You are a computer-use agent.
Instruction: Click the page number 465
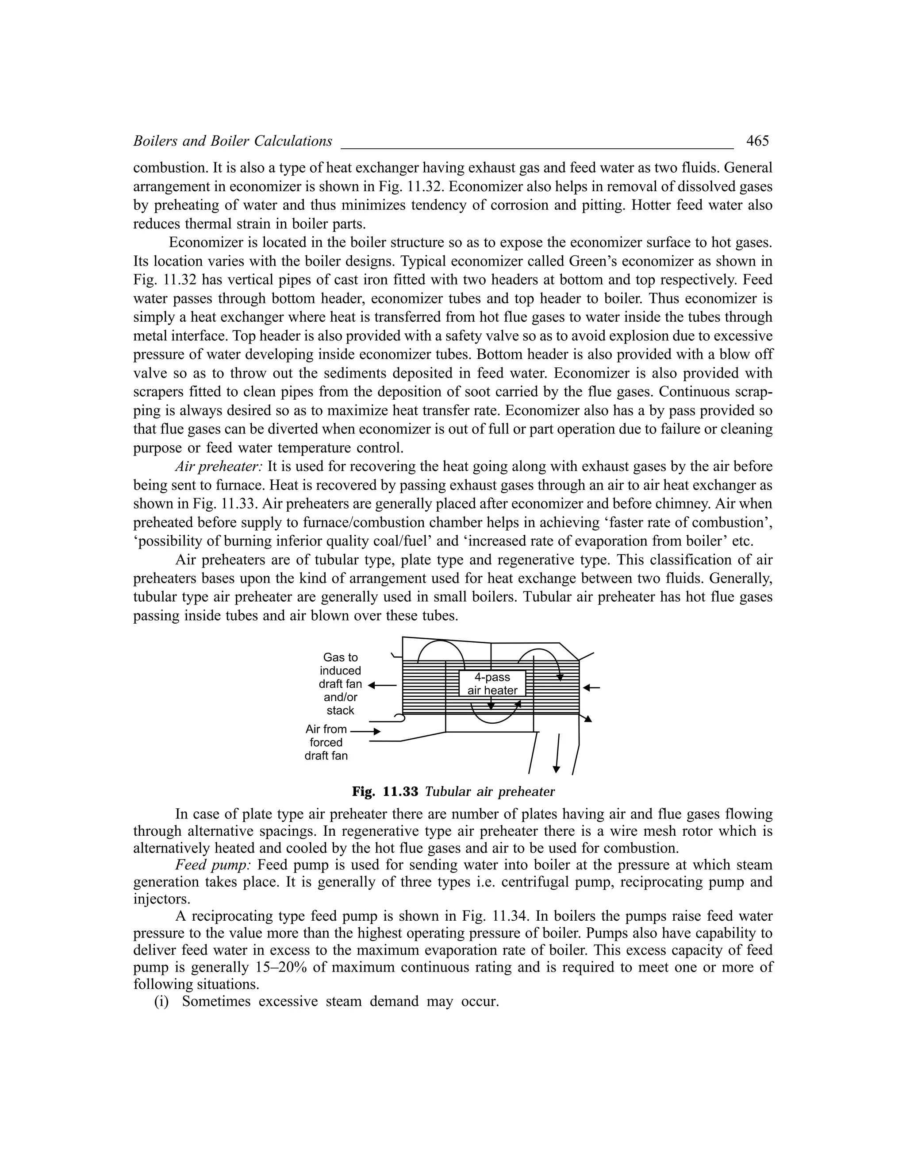point(757,141)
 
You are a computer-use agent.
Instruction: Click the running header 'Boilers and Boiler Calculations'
point(232,141)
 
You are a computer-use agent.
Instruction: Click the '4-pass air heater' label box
point(492,684)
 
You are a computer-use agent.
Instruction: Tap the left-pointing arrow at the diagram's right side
point(591,687)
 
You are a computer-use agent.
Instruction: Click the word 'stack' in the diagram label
point(340,710)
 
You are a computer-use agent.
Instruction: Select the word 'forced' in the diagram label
point(326,743)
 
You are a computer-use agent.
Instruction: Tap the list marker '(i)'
point(161,1002)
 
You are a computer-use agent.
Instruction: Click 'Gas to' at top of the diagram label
point(340,657)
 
